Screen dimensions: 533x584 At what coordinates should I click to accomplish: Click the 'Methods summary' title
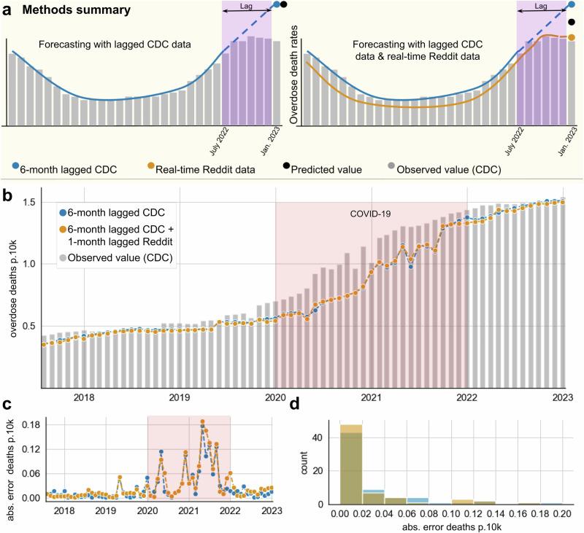tap(66, 12)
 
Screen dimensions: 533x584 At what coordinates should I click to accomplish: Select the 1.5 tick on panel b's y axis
tap(28, 201)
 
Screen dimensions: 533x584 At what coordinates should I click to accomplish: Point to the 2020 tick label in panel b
tap(275, 397)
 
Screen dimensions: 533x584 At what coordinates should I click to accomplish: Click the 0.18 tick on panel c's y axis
tap(28, 422)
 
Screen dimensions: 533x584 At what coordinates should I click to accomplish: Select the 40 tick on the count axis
tap(327, 437)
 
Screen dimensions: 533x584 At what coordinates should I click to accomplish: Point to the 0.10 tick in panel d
tap(452, 515)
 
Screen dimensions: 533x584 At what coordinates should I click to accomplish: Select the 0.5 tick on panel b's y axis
tap(28, 326)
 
